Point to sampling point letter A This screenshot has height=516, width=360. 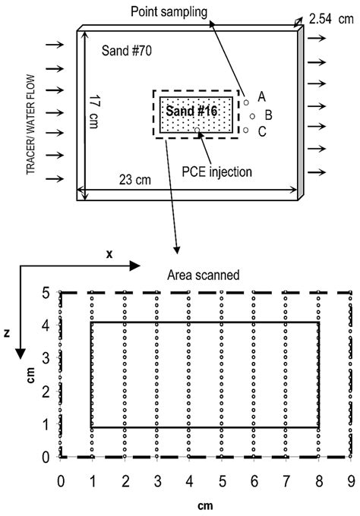click(261, 96)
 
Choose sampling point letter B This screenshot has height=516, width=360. click(268, 115)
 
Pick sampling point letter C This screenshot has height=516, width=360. click(262, 132)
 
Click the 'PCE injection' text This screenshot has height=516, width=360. click(217, 171)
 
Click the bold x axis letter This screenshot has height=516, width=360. click(109, 254)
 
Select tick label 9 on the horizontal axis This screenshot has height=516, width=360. click(351, 480)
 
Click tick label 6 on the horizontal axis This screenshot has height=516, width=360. click(254, 480)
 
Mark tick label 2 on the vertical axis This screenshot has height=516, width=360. click(46, 392)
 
